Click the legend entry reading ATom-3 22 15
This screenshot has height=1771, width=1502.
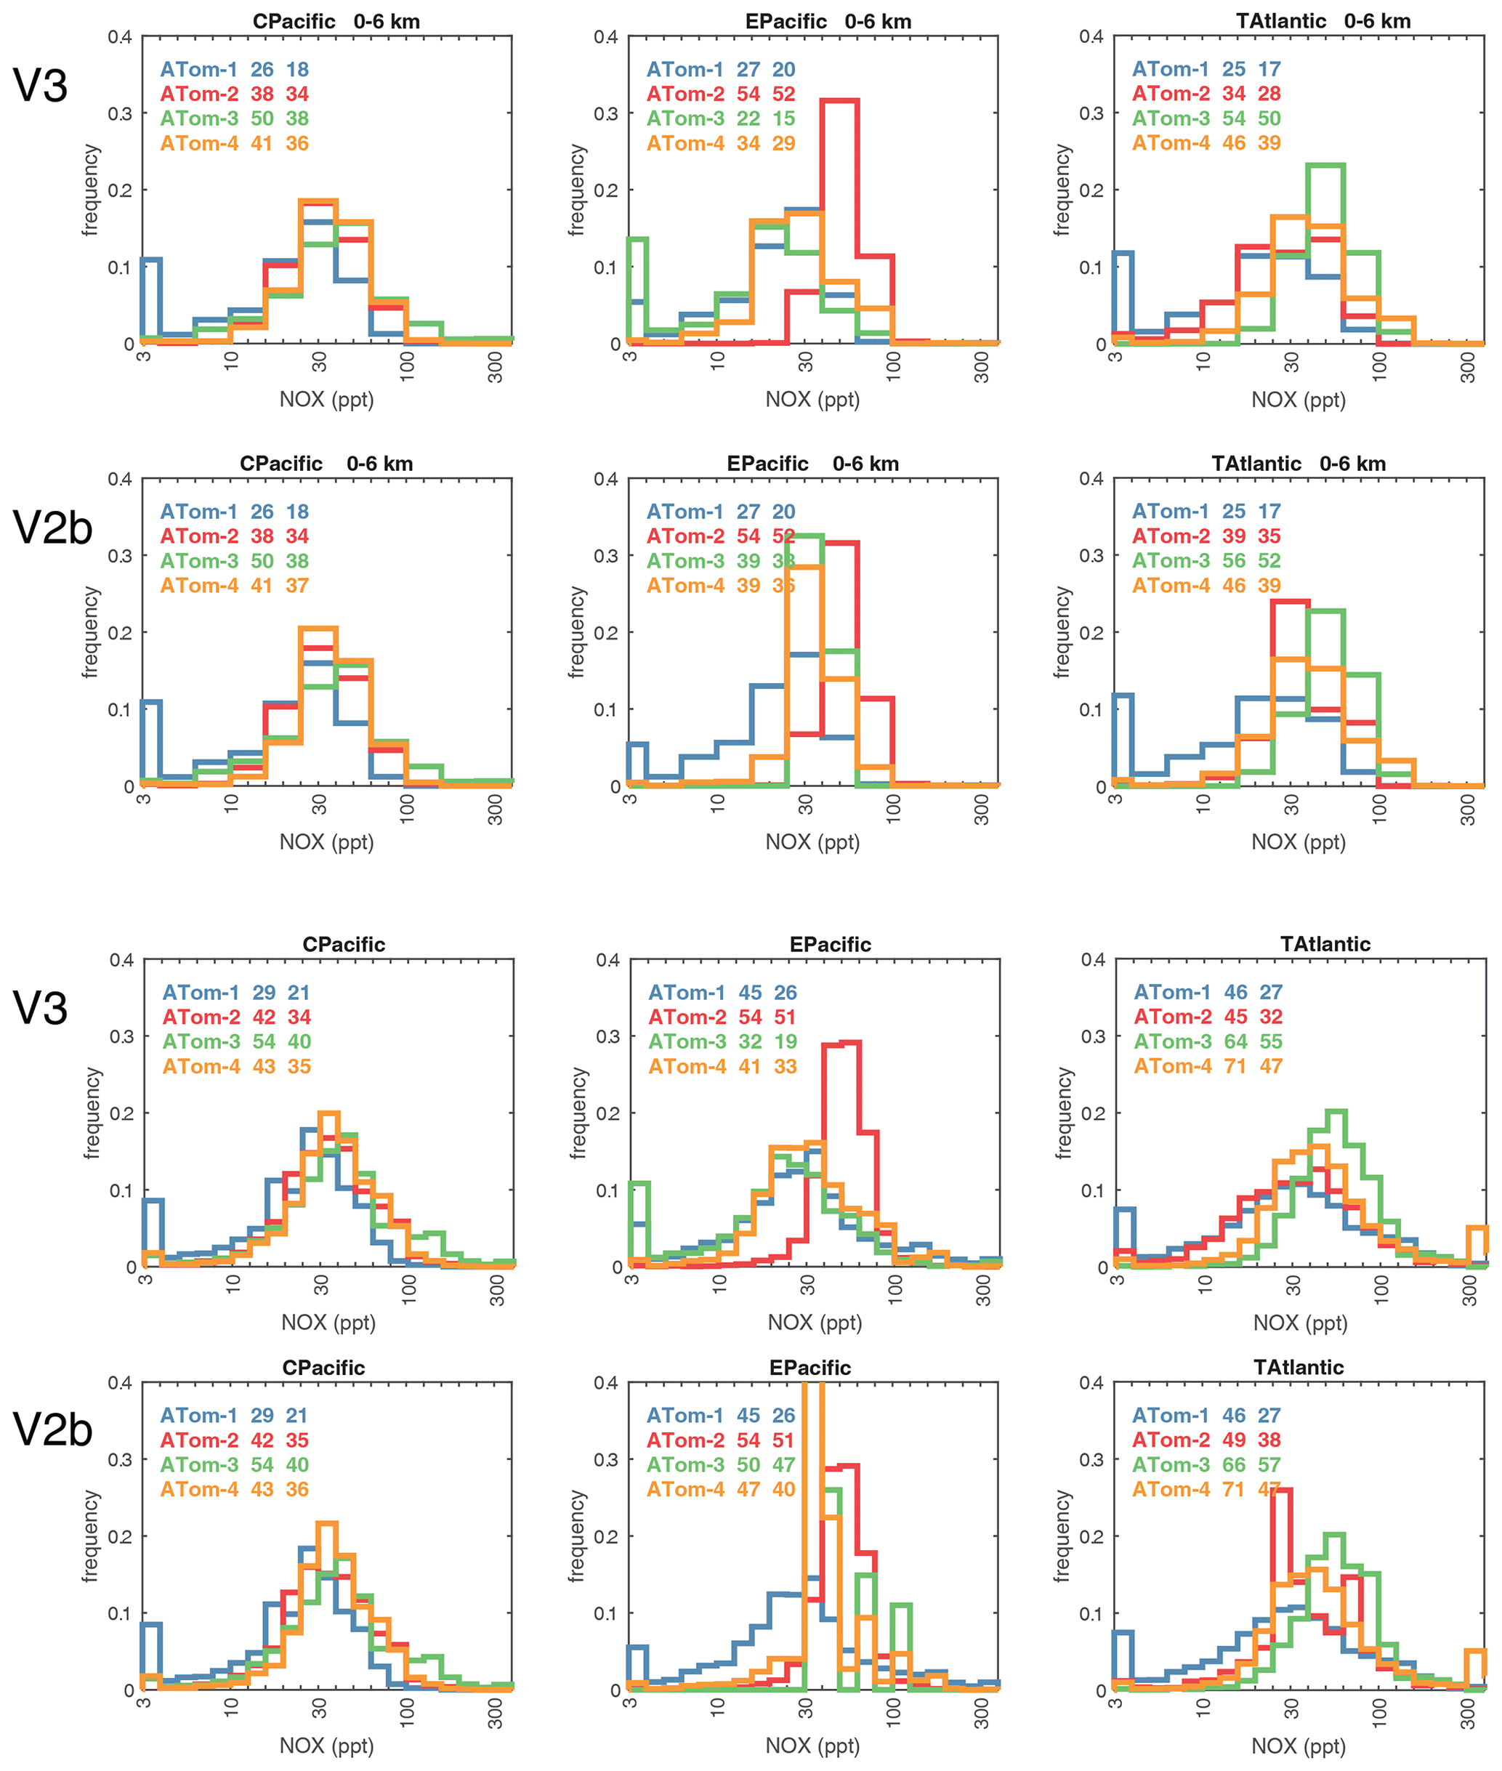click(720, 118)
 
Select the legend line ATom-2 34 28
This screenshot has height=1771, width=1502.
click(1206, 94)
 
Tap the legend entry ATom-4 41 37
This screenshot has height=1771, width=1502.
click(234, 586)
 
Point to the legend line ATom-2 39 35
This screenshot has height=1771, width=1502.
click(1206, 536)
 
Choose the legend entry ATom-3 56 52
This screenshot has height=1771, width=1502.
click(1206, 561)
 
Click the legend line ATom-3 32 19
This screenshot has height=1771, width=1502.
click(722, 1041)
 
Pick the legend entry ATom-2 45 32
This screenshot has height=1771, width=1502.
click(1208, 1017)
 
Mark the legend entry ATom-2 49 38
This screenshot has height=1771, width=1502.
click(1206, 1440)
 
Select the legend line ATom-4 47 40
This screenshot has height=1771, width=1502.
click(720, 1489)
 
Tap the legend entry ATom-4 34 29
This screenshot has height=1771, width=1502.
click(720, 143)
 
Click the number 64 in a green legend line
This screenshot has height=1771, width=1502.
click(1235, 1041)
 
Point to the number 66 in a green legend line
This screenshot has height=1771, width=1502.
click(1234, 1464)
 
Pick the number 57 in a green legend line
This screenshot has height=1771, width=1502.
click(1269, 1464)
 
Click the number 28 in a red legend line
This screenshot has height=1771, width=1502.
click(1269, 94)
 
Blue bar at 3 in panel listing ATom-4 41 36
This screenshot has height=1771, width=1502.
click(152, 298)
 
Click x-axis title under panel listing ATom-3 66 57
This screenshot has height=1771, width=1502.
click(1299, 1746)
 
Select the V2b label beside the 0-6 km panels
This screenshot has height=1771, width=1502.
click(53, 528)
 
